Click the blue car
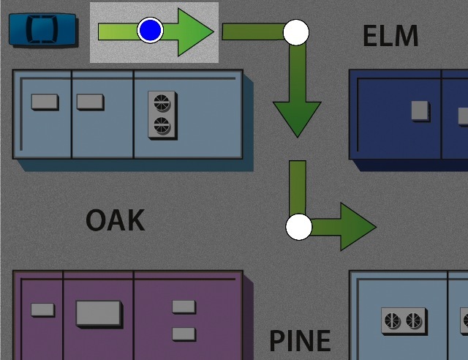pyautogui.click(x=43, y=30)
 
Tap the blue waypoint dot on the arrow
pyautogui.click(x=150, y=30)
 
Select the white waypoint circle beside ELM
pyautogui.click(x=296, y=32)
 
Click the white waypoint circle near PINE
pyautogui.click(x=298, y=227)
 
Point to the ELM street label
pyautogui.click(x=390, y=36)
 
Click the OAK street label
pyautogui.click(x=115, y=220)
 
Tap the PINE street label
pyautogui.click(x=300, y=340)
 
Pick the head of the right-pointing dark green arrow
pyautogui.click(x=357, y=227)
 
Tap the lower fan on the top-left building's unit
pyautogui.click(x=162, y=125)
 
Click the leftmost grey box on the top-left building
pyautogui.click(x=45, y=102)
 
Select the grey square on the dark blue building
pyautogui.click(x=420, y=110)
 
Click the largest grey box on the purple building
pyautogui.click(x=99, y=313)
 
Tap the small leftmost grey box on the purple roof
pyautogui.click(x=42, y=310)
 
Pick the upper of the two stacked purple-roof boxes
pyautogui.click(x=184, y=307)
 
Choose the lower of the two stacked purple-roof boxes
pyautogui.click(x=184, y=334)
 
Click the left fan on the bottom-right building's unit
pyautogui.click(x=393, y=320)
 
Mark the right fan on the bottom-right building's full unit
pyautogui.click(x=414, y=320)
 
